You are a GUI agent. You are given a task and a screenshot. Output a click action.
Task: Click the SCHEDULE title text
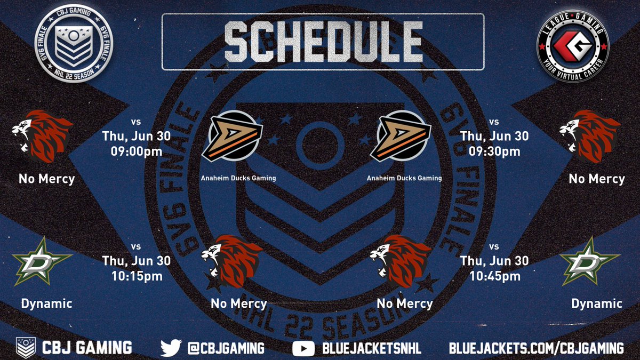[322, 41]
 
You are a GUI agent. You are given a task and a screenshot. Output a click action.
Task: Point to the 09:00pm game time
[137, 151]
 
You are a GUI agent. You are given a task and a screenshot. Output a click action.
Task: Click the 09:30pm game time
[494, 151]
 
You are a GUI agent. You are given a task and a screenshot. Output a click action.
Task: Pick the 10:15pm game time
[137, 276]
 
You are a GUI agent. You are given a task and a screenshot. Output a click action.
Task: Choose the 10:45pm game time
[494, 276]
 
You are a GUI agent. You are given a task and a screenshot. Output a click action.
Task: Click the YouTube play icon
[303, 348]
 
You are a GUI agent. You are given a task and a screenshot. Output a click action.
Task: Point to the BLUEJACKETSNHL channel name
[371, 348]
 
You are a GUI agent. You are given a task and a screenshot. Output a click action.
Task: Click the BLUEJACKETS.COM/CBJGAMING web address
[536, 348]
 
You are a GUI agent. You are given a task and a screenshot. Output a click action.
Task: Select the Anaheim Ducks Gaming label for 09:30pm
[404, 178]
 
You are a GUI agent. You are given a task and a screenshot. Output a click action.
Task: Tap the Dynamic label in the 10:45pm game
[597, 303]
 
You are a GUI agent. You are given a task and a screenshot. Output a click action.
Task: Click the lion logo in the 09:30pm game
[590, 137]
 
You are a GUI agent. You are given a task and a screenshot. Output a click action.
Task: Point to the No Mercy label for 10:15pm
[238, 303]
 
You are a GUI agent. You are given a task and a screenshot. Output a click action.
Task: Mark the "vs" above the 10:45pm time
[494, 246]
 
